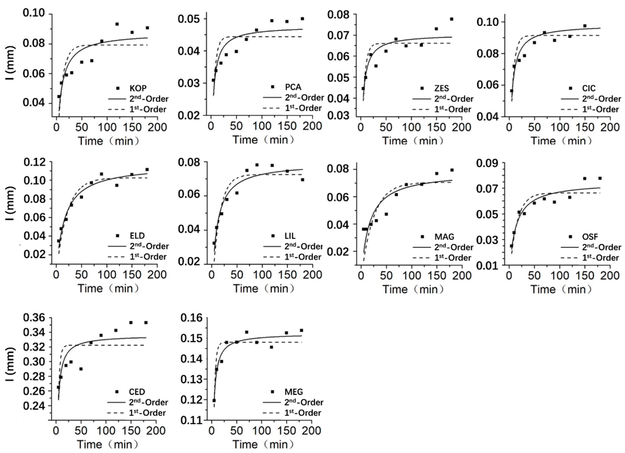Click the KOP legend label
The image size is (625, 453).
pos(138,88)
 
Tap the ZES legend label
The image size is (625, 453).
pos(441,88)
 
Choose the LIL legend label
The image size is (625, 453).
pos(290,236)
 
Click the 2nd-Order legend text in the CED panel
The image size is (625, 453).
pos(148,402)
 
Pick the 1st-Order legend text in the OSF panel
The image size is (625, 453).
pos(600,258)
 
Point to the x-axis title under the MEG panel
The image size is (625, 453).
pos(263,444)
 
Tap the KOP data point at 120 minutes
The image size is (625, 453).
pos(117,24)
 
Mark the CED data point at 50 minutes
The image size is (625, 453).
pos(81,369)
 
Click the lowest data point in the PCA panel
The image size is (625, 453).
pos(213,80)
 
